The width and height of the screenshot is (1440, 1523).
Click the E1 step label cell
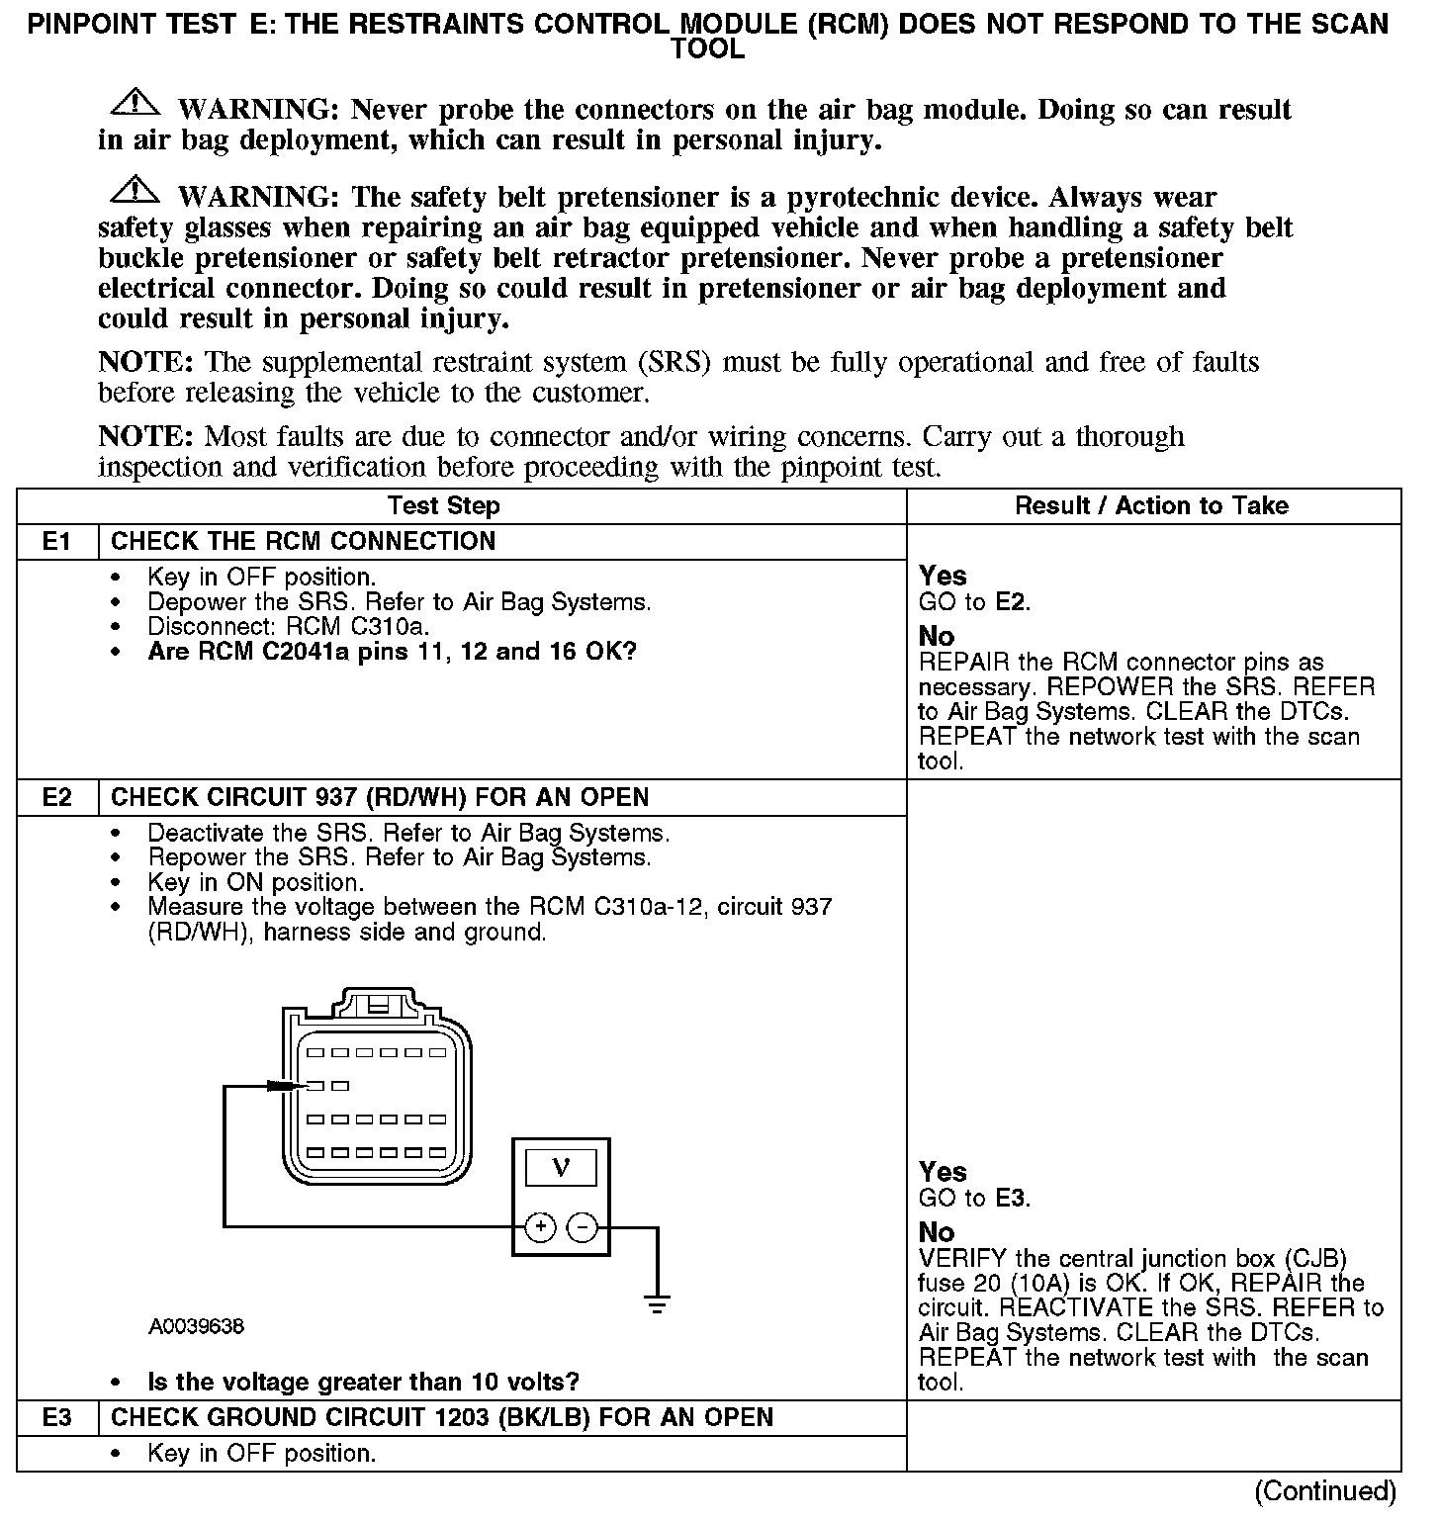pyautogui.click(x=57, y=542)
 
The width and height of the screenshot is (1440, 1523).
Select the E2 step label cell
pyautogui.click(x=57, y=797)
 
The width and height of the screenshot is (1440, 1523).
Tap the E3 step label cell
pyautogui.click(x=57, y=1417)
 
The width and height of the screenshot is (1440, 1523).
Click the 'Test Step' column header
pyautogui.click(x=444, y=506)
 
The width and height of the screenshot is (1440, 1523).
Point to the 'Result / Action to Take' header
pyautogui.click(x=1151, y=506)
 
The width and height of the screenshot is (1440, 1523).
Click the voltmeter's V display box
pyautogui.click(x=561, y=1168)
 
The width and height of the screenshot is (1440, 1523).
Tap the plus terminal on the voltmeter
pyautogui.click(x=540, y=1227)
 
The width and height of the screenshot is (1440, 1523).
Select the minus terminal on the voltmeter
pyautogui.click(x=583, y=1227)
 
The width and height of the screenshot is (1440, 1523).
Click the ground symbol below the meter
pyautogui.click(x=658, y=1302)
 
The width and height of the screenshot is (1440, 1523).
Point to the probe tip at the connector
pyautogui.click(x=285, y=1086)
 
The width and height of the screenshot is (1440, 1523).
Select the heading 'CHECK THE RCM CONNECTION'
pyautogui.click(x=303, y=542)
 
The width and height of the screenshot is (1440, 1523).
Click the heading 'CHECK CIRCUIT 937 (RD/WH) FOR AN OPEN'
pyautogui.click(x=380, y=797)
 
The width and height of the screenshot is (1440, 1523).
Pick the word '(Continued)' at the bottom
pyautogui.click(x=1325, y=1491)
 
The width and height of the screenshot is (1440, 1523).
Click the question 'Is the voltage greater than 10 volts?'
pyautogui.click(x=363, y=1382)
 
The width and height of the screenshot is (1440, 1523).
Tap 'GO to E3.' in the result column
pyautogui.click(x=974, y=1199)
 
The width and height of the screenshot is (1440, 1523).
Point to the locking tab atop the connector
pyautogui.click(x=378, y=1004)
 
